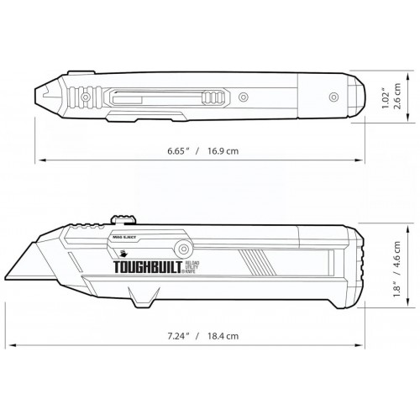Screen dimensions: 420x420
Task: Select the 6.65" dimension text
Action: [x=176, y=151]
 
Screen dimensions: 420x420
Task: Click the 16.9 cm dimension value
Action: [x=224, y=151]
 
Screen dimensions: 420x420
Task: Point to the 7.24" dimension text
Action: [x=176, y=335]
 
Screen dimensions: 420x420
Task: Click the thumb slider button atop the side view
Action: [x=123, y=221]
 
